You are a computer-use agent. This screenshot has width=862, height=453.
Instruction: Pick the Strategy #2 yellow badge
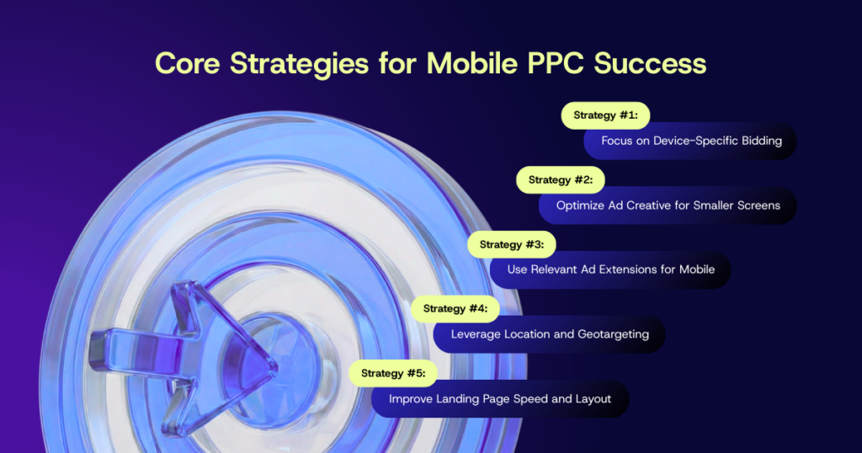tap(561, 179)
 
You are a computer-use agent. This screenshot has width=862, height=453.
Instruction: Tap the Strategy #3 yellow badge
tap(512, 244)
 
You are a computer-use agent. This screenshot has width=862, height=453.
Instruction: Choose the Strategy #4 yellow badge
tap(455, 308)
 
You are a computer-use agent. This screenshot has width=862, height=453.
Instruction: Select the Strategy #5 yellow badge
tap(393, 373)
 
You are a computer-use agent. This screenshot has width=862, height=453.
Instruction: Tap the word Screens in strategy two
tap(759, 205)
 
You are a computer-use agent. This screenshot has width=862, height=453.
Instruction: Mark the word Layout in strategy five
tap(593, 398)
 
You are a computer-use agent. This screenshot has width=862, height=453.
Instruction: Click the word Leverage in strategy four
tap(476, 334)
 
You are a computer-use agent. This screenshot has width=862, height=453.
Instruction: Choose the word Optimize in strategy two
tap(580, 205)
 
